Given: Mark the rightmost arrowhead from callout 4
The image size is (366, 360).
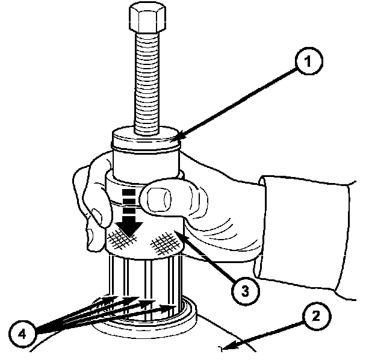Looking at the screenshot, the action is point(175,307).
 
